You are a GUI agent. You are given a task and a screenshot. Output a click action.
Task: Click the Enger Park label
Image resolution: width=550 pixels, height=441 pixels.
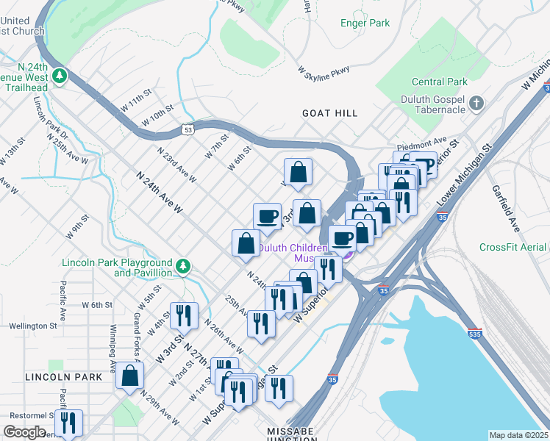pyautogui.click(x=365, y=24)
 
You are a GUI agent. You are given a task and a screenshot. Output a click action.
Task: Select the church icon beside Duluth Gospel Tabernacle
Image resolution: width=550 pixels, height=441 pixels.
pyautogui.click(x=476, y=104)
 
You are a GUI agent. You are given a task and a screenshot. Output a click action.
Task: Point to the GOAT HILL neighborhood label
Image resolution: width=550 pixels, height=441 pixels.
pyautogui.click(x=329, y=113)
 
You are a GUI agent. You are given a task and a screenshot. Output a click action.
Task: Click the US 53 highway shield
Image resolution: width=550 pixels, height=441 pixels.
pyautogui.click(x=188, y=130)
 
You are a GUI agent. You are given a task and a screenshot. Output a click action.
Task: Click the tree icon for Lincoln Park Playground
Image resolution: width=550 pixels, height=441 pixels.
pyautogui.click(x=183, y=264)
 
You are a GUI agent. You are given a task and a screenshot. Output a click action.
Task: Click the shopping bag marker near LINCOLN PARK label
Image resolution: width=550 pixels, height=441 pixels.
pyautogui.click(x=129, y=375)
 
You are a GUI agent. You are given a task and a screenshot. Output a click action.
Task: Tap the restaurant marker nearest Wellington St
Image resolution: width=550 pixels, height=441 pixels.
pyautogui.click(x=184, y=315)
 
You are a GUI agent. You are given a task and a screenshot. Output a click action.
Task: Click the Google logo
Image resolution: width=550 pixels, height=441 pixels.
pyautogui.click(x=24, y=432)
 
